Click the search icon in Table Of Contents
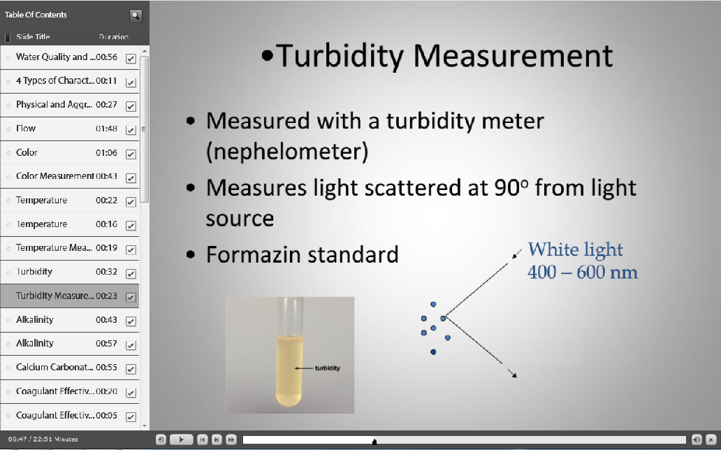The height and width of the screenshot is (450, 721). (136, 15)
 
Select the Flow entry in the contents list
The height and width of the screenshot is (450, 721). (26, 129)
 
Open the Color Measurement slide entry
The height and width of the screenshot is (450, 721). (54, 176)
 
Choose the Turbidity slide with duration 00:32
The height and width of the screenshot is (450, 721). (34, 272)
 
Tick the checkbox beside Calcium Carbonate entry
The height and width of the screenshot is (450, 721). (131, 369)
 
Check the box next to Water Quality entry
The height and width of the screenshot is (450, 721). (131, 59)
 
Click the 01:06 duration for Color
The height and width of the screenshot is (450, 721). (106, 153)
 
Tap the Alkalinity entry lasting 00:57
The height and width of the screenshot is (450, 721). (35, 344)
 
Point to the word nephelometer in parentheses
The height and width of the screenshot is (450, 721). (287, 152)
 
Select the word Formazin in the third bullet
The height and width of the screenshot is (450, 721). (252, 254)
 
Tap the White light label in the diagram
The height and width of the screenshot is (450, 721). (575, 249)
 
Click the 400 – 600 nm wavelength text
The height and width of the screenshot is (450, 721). (582, 271)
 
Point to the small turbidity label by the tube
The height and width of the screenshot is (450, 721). (327, 368)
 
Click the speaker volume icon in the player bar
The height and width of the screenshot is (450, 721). (697, 440)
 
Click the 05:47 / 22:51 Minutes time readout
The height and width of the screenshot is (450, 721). (39, 440)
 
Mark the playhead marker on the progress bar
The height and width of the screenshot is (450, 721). (374, 441)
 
